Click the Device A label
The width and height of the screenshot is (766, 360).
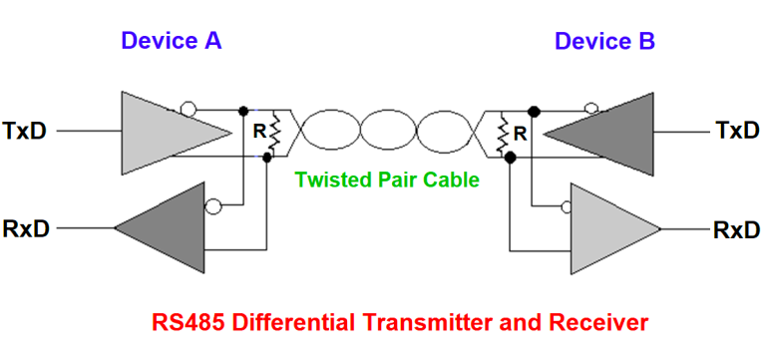tap(171, 41)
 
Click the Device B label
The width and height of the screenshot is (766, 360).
tap(604, 41)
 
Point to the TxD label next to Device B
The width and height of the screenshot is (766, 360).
tap(737, 131)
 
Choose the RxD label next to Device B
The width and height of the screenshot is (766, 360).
tap(737, 228)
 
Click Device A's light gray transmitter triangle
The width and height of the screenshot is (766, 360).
tap(160, 131)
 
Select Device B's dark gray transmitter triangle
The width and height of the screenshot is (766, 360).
tap(608, 131)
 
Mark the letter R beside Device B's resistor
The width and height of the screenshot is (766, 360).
tap(519, 131)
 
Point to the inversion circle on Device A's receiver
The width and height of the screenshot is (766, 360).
tap(210, 207)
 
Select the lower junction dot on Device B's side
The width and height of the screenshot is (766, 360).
tap(510, 157)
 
